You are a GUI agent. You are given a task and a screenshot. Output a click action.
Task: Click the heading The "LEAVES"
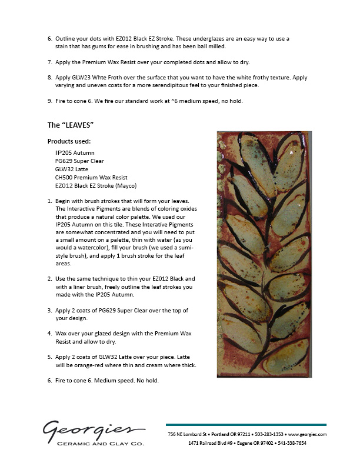coord(72,125)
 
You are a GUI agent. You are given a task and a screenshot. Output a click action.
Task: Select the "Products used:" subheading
coord(69,141)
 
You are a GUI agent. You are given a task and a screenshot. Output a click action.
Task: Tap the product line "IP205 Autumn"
coord(75,152)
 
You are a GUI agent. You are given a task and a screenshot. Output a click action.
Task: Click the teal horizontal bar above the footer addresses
coord(246,425)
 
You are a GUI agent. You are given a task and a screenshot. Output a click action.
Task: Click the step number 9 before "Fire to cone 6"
coord(49,101)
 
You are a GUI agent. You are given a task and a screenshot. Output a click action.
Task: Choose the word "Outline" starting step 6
coord(66,38)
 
